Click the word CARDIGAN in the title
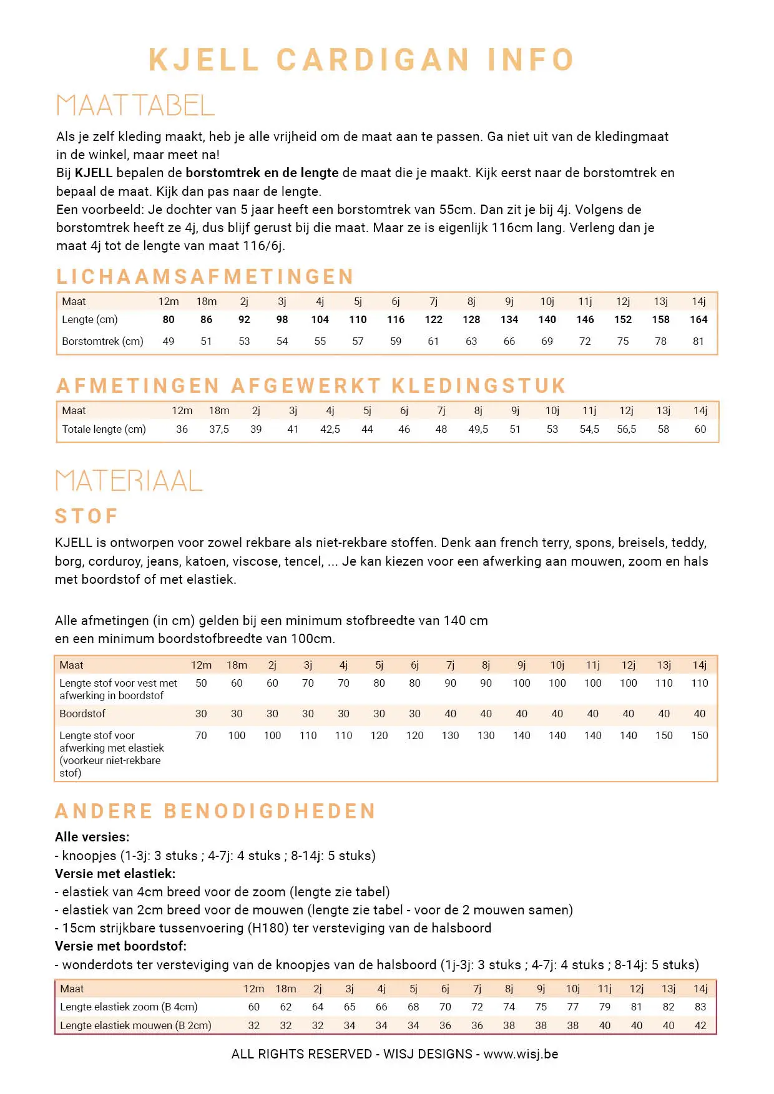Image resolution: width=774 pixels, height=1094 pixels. tap(373, 61)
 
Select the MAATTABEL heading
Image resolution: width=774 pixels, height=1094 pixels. tap(135, 105)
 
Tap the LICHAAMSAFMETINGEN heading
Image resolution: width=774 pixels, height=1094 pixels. tap(205, 276)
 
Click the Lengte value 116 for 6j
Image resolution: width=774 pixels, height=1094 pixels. tap(396, 319)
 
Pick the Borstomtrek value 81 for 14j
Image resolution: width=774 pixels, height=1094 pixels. tap(698, 341)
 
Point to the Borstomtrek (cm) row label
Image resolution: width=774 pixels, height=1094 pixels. tap(102, 341)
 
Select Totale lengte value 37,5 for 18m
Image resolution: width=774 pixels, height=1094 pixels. tap(219, 429)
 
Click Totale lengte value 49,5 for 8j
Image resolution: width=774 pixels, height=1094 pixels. tap(478, 429)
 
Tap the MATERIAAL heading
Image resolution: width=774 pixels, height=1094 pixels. tap(129, 481)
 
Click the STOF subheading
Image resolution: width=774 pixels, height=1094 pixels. tap(87, 516)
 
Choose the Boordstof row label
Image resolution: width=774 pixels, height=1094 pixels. tap(82, 714)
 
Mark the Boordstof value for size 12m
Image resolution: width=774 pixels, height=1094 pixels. tap(201, 714)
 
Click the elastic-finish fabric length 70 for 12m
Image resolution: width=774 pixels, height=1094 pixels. tap(201, 735)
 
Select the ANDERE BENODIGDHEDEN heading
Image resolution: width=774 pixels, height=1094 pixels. tap(215, 811)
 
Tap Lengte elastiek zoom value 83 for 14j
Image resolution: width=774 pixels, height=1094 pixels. tap(700, 1007)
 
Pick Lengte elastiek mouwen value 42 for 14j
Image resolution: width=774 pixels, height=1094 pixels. tap(700, 1025)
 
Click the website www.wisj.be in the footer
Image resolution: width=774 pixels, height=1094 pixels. tap(521, 1054)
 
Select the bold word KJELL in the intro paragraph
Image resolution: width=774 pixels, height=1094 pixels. tap(94, 173)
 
